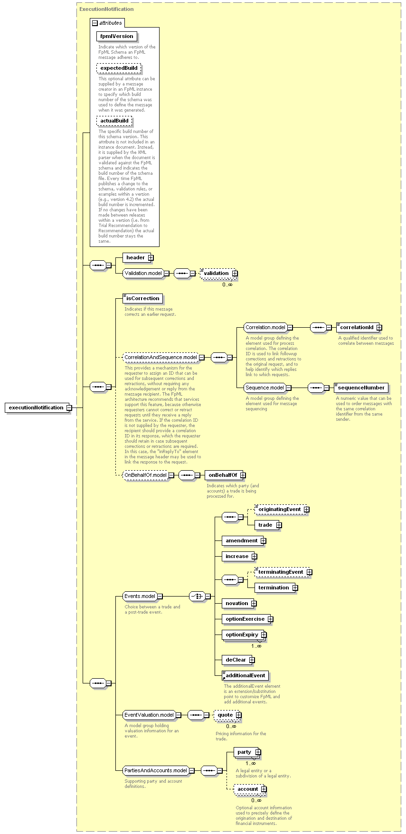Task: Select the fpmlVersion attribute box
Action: tap(117, 36)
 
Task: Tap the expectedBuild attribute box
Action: tap(119, 68)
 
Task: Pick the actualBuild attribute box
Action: tap(114, 121)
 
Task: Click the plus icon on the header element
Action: tap(151, 257)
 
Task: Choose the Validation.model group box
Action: tap(143, 273)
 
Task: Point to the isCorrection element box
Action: tap(142, 298)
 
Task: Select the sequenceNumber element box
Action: tap(361, 388)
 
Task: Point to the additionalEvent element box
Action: tap(245, 675)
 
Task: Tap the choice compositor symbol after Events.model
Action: tap(197, 596)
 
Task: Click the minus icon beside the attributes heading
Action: tap(95, 23)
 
